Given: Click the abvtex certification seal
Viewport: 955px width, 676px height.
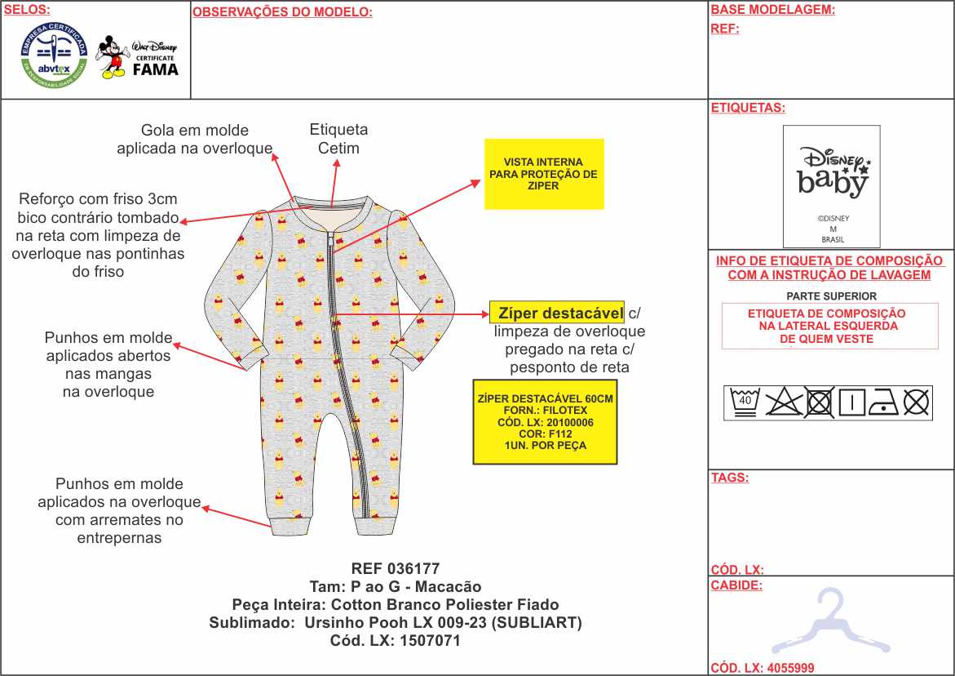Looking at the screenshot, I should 55,56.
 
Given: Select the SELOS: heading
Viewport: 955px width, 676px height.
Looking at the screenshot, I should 27,10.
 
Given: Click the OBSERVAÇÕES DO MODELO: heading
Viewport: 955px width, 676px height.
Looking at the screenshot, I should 282,12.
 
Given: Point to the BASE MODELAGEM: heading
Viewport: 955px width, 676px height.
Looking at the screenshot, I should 772,11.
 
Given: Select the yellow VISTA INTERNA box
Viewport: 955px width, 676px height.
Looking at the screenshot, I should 543,174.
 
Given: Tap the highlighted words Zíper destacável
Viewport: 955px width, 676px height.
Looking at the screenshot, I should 557,313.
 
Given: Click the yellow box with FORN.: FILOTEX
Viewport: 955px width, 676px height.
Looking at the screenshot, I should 544,421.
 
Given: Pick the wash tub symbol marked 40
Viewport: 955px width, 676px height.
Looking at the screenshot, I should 744,402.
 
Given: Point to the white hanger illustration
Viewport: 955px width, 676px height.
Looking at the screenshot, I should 830,622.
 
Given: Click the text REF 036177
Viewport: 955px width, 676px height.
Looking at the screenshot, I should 396,569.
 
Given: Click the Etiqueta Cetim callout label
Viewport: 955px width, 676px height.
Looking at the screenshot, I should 338,139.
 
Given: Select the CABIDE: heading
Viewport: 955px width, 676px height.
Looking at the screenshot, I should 736,585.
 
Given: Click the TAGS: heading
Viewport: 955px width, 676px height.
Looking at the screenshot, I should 729,478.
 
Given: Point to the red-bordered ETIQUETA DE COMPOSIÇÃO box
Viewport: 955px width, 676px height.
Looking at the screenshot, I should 829,326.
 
